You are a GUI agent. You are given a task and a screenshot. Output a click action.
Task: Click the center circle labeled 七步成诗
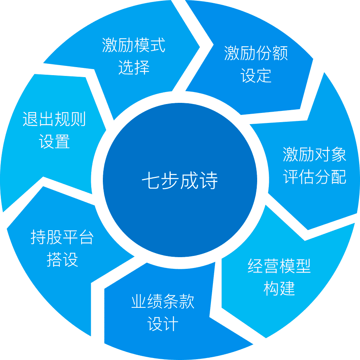pyautogui.click(x=180, y=180)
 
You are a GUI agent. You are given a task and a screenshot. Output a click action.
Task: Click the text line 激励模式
pyautogui.click(x=133, y=45)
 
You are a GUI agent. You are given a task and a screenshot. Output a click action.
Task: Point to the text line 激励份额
pyautogui.click(x=256, y=53)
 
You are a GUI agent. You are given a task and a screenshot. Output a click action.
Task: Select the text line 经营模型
pyautogui.click(x=279, y=266)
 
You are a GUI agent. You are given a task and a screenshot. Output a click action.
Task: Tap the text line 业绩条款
pyautogui.click(x=163, y=302)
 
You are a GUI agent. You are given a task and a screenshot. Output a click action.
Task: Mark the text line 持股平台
pyautogui.click(x=62, y=237)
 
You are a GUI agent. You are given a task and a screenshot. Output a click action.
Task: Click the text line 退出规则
pyautogui.click(x=54, y=119)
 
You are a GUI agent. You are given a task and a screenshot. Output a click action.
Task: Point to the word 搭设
pyautogui.click(x=62, y=260)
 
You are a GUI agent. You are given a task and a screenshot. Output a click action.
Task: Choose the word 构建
pyautogui.click(x=279, y=288)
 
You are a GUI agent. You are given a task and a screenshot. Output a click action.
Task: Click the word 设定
pyautogui.click(x=256, y=76)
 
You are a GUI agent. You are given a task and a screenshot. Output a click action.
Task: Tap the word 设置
pyautogui.click(x=54, y=142)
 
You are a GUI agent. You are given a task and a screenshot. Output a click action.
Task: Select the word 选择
pyautogui.click(x=133, y=67)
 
